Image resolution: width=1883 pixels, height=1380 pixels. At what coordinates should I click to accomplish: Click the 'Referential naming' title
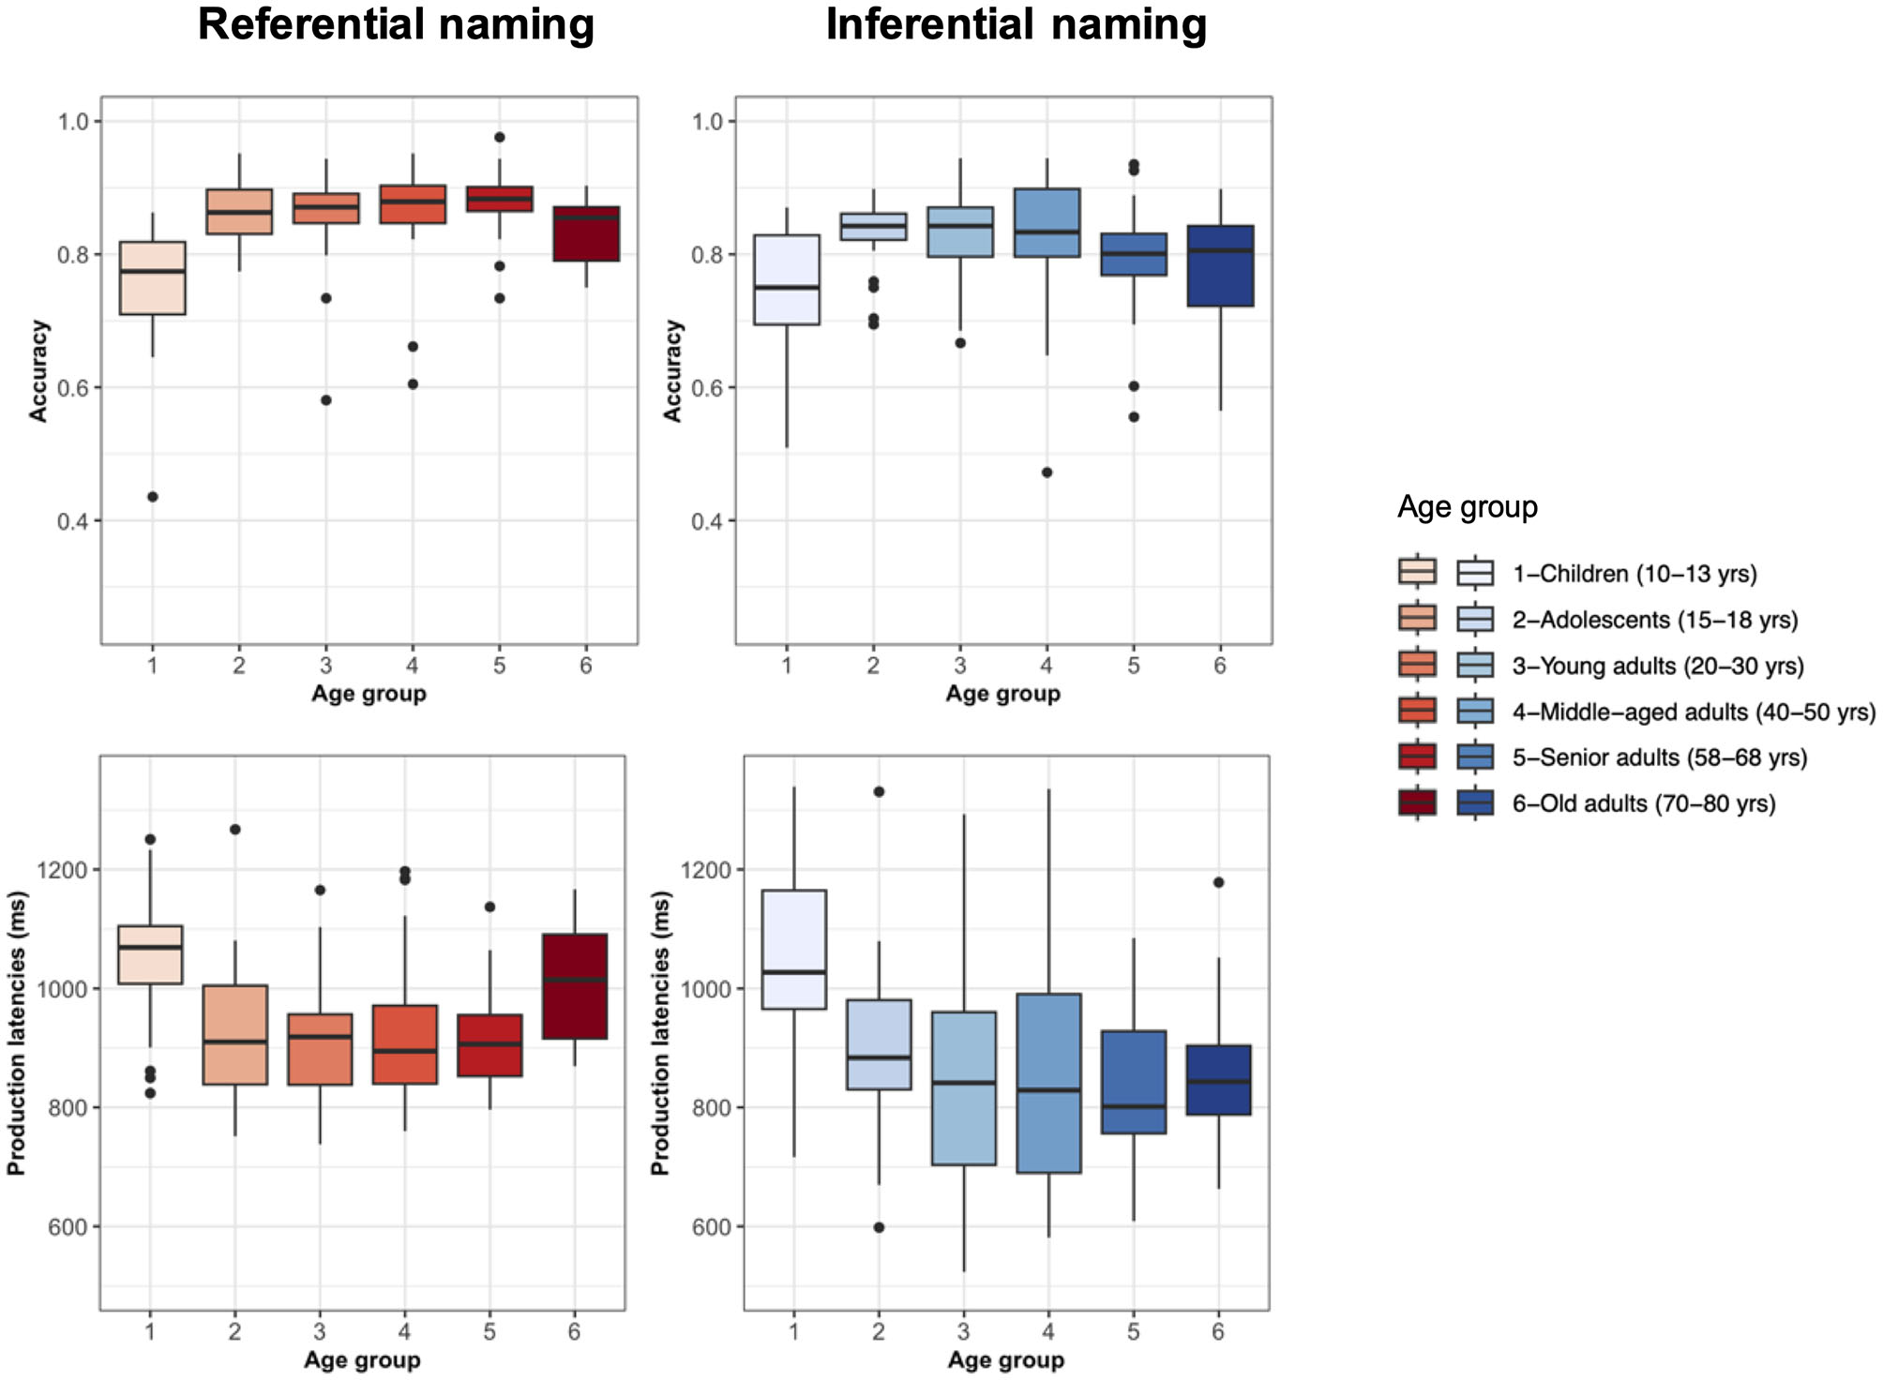coord(396,24)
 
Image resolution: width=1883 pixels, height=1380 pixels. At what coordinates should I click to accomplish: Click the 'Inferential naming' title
coord(1016,24)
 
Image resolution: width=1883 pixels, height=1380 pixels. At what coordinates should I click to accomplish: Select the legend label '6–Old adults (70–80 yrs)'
coord(1643,803)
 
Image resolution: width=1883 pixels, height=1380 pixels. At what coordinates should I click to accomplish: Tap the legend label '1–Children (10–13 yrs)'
coord(1634,573)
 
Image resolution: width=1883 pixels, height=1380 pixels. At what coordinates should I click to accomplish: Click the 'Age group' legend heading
coord(1467,507)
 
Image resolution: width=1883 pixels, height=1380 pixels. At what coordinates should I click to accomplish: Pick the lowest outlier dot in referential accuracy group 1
coord(153,497)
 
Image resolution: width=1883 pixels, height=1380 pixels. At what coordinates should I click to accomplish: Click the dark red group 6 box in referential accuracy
coord(586,233)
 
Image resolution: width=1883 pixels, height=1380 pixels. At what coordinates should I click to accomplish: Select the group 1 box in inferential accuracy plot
coord(787,279)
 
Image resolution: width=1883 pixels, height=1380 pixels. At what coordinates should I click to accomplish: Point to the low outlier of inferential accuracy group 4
coord(1047,472)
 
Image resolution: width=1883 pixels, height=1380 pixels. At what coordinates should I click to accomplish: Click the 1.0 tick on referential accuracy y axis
coord(73,122)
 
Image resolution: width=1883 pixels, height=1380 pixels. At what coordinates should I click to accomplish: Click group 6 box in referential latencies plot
coord(575,986)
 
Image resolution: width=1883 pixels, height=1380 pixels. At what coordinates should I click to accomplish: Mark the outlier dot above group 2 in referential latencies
coord(235,830)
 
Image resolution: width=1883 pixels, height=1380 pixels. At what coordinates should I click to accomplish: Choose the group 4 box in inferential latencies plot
coord(1048,1083)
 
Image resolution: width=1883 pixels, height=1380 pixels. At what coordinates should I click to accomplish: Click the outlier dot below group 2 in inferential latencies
coord(879,1227)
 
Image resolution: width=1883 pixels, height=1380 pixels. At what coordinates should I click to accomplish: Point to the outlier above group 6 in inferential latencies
coord(1218,882)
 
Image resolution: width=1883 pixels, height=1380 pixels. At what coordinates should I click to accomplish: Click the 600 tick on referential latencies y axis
coord(68,1227)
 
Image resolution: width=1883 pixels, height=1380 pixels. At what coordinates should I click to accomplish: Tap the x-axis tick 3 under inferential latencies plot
coord(963,1331)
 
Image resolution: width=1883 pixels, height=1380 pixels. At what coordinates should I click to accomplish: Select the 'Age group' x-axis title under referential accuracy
coord(369,694)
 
